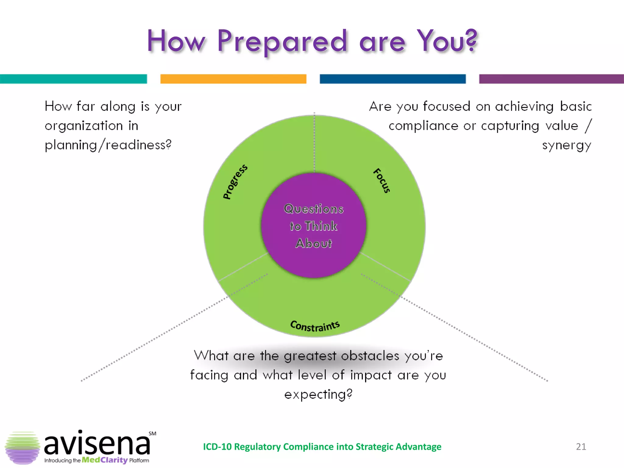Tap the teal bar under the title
click(73, 79)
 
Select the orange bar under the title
click(233, 79)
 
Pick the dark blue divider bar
click(392, 79)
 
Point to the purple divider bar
click(551, 79)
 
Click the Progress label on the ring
click(235, 182)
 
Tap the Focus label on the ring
click(382, 180)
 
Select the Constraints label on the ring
click(315, 326)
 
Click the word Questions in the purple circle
click(314, 209)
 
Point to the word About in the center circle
click(314, 243)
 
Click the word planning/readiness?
click(108, 145)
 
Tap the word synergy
click(566, 145)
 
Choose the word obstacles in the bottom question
click(370, 356)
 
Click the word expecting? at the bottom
click(318, 395)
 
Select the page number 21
click(581, 447)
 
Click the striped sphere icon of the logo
click(22, 448)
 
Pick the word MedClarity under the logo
click(105, 460)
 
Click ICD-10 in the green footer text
click(217, 447)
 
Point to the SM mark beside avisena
click(152, 434)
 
